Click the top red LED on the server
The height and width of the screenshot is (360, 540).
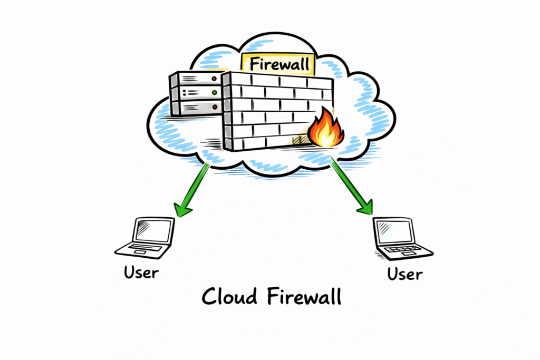[x=214, y=79]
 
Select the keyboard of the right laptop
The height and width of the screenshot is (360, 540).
[x=404, y=250]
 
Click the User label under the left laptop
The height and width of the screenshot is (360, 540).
[x=141, y=273]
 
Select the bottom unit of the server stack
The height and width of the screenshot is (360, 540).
[x=195, y=108]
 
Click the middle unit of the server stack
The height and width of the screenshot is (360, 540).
[x=195, y=94]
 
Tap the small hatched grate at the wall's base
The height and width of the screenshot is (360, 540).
[x=299, y=140]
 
